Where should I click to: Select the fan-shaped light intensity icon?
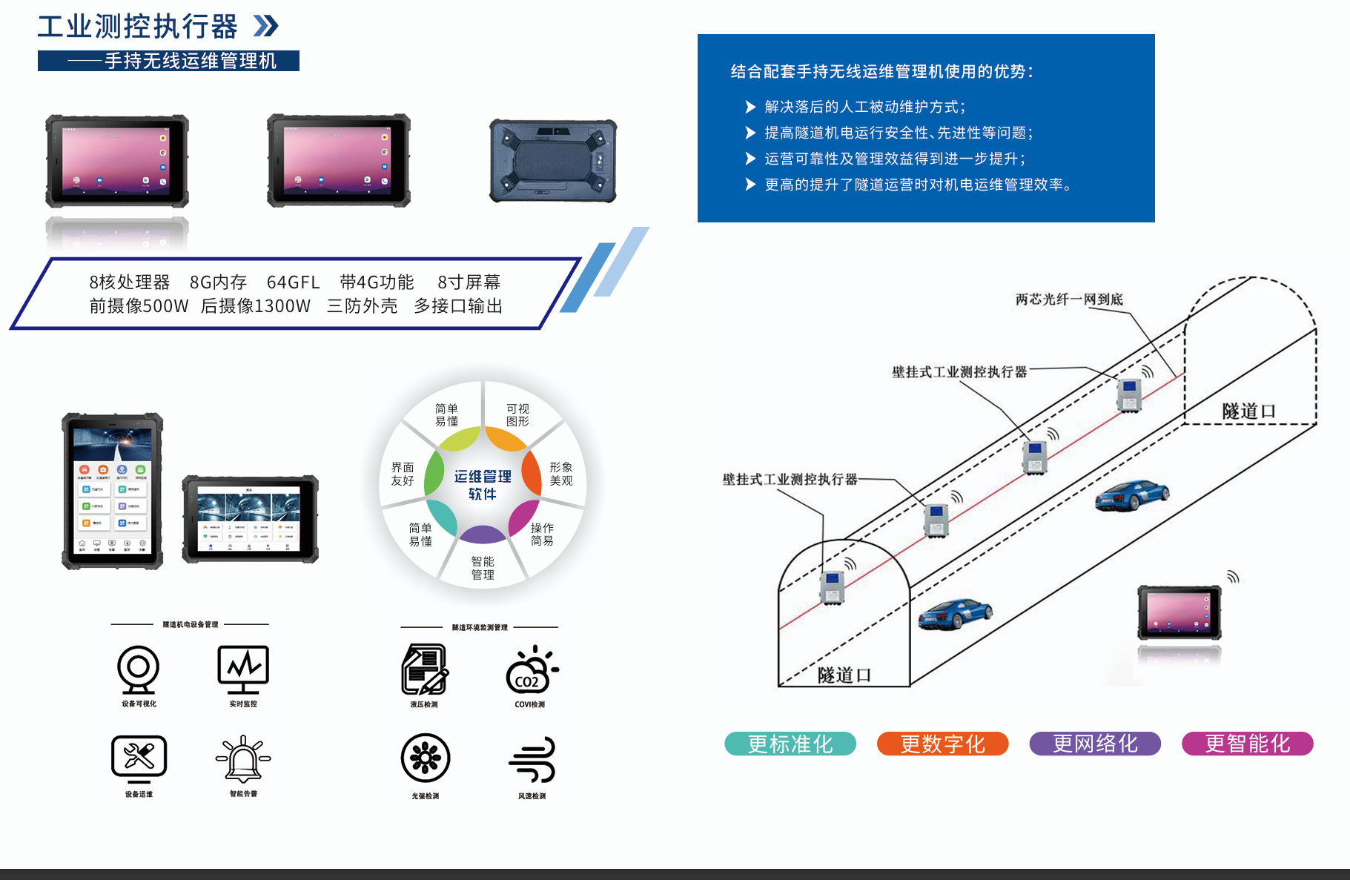click(426, 758)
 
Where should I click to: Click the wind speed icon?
click(532, 759)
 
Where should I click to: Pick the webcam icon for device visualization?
click(139, 669)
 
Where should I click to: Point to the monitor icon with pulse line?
click(243, 668)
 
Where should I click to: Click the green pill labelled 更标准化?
click(790, 744)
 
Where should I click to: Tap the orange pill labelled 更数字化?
click(942, 744)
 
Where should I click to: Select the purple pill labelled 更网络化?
click(1095, 744)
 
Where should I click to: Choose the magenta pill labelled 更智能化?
click(1247, 744)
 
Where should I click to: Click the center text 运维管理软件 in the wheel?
click(483, 485)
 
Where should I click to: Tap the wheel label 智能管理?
click(483, 568)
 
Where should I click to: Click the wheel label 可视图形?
click(517, 415)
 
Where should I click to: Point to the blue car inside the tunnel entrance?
click(955, 613)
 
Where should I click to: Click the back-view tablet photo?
click(553, 160)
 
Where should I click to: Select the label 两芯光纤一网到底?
click(1069, 300)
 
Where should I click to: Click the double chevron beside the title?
click(266, 27)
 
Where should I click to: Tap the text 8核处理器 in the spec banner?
click(130, 282)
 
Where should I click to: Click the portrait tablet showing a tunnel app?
click(113, 491)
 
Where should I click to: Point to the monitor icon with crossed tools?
click(139, 758)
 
